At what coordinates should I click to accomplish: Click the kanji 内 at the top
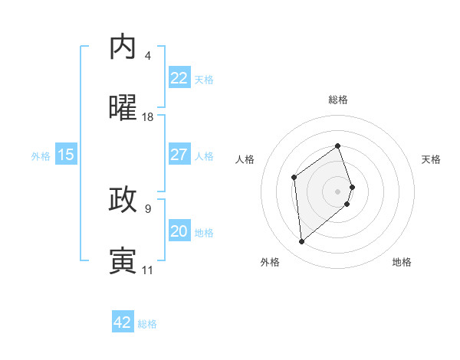(123, 47)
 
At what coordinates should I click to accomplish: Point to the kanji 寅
(123, 260)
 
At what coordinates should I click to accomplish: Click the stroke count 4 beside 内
(148, 56)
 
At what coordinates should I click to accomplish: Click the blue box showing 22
(179, 78)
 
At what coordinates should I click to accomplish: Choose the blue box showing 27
(179, 155)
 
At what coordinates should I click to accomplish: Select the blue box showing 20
(179, 231)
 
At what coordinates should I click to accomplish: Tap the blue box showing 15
(66, 155)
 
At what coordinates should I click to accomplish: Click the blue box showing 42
(123, 322)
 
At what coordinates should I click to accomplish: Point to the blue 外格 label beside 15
(41, 155)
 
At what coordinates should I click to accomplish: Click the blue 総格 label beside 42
(147, 323)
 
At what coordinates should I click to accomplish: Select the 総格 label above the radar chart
(338, 100)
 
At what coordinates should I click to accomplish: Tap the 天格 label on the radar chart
(432, 159)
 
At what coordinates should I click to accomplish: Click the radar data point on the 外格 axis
(301, 242)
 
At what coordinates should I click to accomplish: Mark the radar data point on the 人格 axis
(294, 178)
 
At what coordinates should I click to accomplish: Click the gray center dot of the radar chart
(338, 191)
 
